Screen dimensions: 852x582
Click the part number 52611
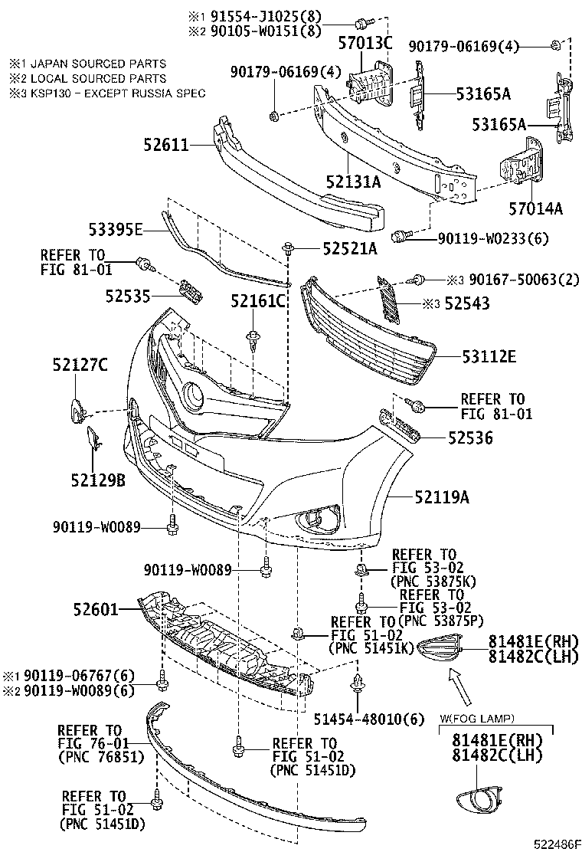pyautogui.click(x=166, y=143)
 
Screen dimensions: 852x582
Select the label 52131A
pyautogui.click(x=352, y=182)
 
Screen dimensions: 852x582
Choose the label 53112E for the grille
pyautogui.click(x=489, y=356)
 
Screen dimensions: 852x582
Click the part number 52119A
pyautogui.click(x=442, y=497)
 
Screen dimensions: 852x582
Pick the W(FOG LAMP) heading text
pyautogui.click(x=476, y=718)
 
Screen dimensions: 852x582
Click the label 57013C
pyautogui.click(x=365, y=43)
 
